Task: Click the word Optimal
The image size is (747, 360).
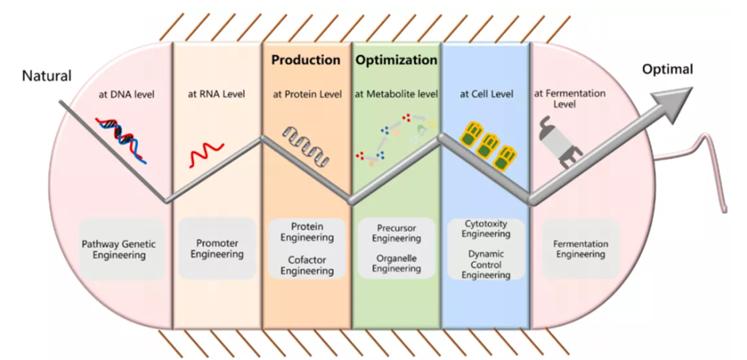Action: pyautogui.click(x=668, y=69)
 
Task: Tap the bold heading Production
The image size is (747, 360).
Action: pyautogui.click(x=306, y=60)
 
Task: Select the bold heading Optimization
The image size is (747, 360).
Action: pyautogui.click(x=397, y=60)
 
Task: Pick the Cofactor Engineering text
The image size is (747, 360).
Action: pyautogui.click(x=307, y=265)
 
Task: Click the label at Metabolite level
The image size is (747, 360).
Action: pyautogui.click(x=396, y=94)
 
